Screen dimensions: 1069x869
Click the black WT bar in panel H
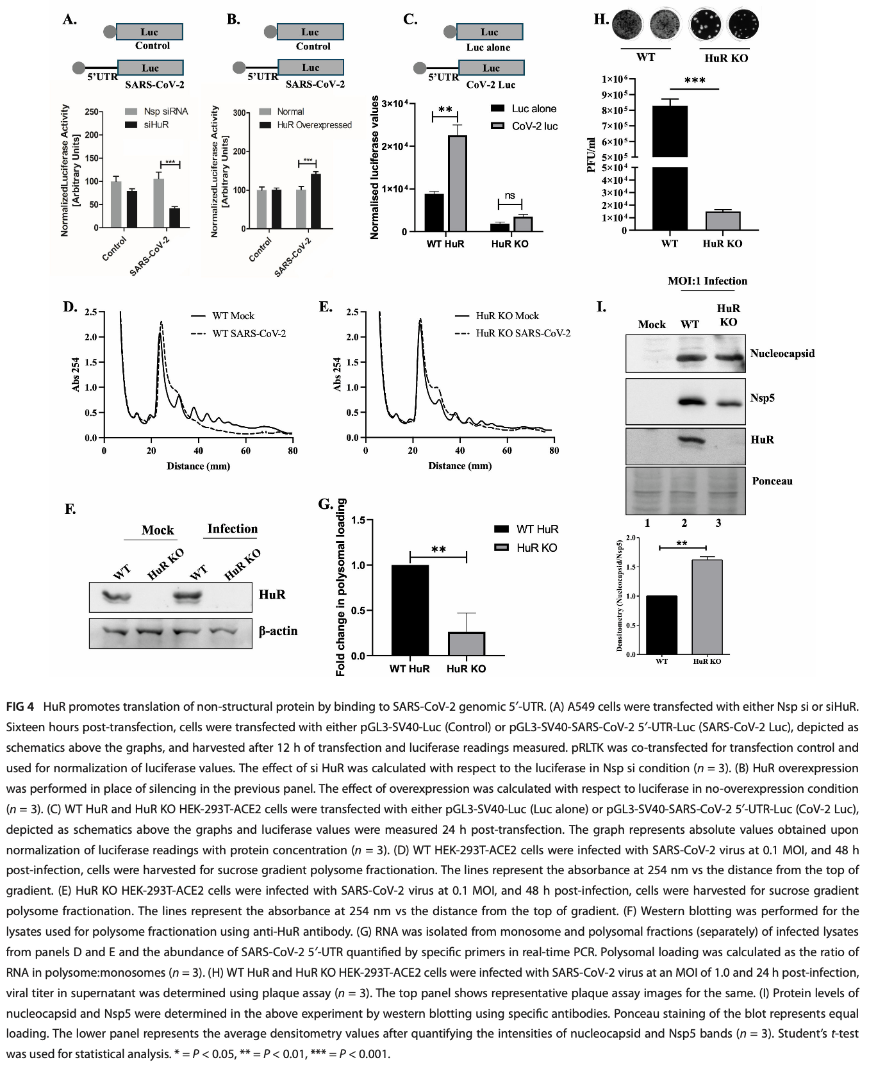670,167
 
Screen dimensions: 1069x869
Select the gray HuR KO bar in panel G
466,643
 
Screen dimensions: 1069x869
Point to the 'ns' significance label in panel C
509,195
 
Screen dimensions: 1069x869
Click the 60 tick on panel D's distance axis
246,451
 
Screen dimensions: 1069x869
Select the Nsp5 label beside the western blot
763,398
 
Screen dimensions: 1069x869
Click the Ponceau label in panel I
772,481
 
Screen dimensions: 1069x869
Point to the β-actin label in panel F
278,631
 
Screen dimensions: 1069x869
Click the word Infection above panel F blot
232,529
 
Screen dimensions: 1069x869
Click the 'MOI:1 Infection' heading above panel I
707,281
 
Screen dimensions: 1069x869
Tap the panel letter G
326,504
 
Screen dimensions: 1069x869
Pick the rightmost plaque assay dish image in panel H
743,25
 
